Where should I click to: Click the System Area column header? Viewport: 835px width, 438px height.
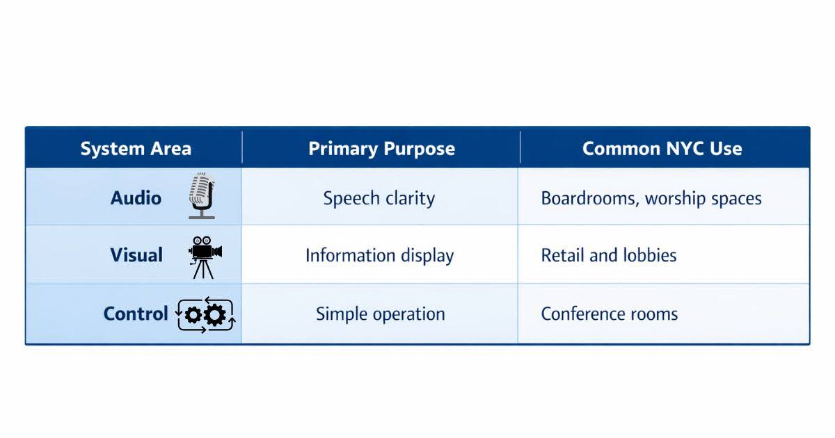pos(136,149)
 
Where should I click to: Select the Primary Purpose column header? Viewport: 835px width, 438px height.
pos(381,149)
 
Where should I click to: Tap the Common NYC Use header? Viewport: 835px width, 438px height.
pos(662,149)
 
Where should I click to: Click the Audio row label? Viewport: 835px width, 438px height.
pos(136,197)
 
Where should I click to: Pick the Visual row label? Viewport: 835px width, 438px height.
pos(136,255)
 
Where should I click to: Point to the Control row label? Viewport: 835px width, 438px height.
pos(136,314)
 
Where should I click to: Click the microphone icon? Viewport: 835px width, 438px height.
pos(202,196)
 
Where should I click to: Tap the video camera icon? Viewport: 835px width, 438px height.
pos(205,257)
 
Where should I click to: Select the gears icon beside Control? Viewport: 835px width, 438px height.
pos(205,315)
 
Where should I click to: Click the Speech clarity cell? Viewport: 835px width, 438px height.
pos(379,198)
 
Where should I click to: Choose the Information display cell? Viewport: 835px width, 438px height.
pos(379,256)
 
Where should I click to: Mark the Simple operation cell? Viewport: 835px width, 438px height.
pos(381,314)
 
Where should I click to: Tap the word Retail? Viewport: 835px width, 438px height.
pos(562,256)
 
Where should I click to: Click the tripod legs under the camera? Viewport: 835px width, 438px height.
pos(203,270)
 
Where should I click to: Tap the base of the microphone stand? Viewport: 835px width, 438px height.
pos(202,217)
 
